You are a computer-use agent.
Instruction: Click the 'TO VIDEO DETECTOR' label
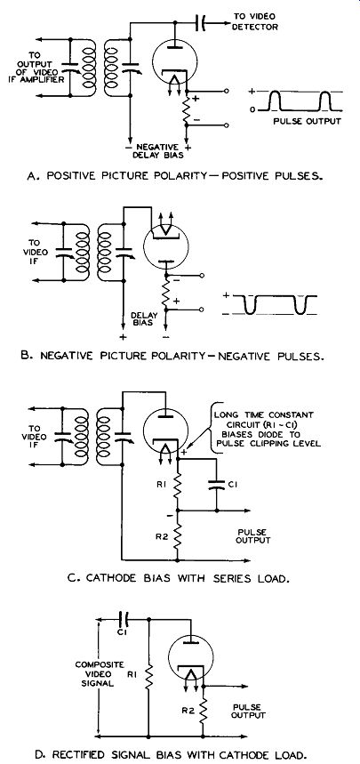254,21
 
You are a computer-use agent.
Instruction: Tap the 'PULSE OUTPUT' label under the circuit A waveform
307,121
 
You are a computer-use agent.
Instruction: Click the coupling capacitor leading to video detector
200,22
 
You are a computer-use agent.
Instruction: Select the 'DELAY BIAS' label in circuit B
144,319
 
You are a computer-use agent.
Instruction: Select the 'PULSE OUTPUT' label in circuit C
252,536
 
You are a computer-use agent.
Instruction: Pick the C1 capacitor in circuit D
125,620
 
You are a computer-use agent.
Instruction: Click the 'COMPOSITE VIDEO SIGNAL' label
93,674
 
